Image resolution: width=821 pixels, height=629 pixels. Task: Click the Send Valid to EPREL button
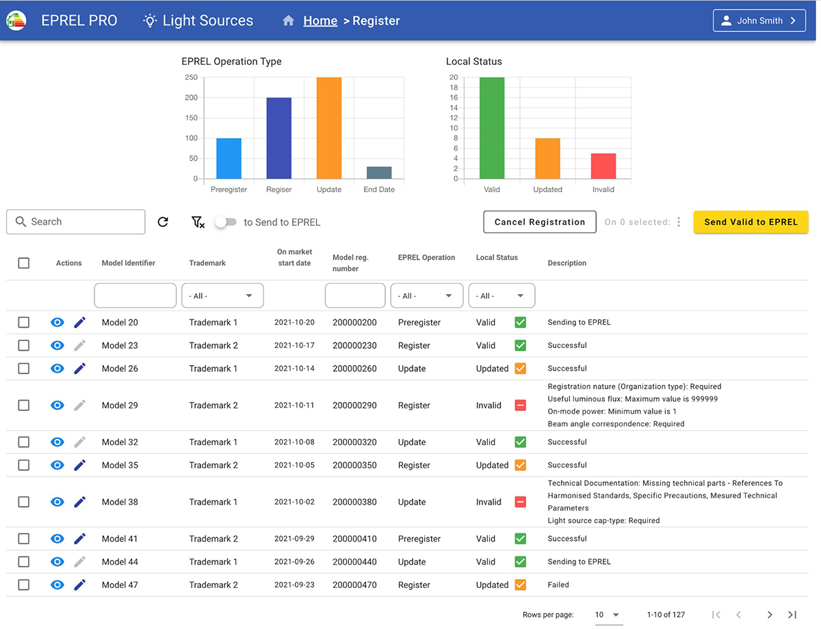[x=751, y=222]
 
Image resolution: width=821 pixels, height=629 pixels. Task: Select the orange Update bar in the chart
[x=328, y=128]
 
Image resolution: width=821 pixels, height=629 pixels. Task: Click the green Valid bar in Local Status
[x=492, y=128]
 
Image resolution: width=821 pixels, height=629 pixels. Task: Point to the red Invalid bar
[x=603, y=166]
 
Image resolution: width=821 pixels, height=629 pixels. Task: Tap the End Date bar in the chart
[x=379, y=172]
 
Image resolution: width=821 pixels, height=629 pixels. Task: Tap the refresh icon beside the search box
[x=163, y=222]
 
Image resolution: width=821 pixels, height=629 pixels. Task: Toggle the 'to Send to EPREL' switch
[x=225, y=222]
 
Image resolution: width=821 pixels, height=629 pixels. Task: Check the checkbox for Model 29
[x=24, y=405]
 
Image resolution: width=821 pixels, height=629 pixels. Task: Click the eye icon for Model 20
[x=57, y=323]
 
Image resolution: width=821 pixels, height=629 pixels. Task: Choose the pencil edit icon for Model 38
[x=80, y=502]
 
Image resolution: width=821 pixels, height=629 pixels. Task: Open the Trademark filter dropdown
[x=222, y=296]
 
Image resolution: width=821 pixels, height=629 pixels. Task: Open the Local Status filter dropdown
[x=501, y=296]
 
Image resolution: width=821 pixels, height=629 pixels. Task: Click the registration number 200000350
[x=354, y=466]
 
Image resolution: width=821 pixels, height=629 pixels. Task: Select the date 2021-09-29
[x=294, y=539]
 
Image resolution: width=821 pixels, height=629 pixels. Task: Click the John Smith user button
[x=759, y=21]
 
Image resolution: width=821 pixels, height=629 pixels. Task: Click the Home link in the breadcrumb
[x=320, y=21]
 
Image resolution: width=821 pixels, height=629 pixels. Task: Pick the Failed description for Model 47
[x=558, y=585]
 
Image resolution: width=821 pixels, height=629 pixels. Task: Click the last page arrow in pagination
[x=792, y=615]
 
